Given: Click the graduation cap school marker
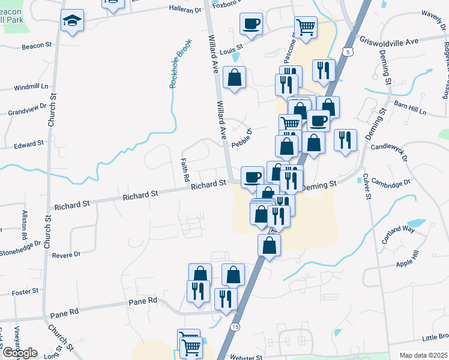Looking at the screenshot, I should click(x=72, y=21).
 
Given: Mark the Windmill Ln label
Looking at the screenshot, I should click(x=33, y=87).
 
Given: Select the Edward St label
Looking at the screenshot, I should click(x=29, y=144).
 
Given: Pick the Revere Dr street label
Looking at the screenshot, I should click(x=66, y=255).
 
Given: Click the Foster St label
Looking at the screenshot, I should click(x=25, y=292).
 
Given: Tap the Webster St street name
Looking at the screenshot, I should click(x=247, y=357).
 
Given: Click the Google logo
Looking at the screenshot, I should click(x=19, y=353).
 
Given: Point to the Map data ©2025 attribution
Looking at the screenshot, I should click(x=423, y=355).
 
